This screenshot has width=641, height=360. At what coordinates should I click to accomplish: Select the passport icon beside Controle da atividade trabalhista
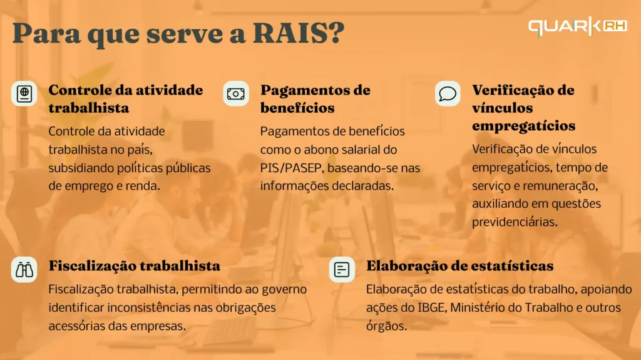tap(24, 93)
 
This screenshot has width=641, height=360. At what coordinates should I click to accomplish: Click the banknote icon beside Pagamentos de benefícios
tap(235, 93)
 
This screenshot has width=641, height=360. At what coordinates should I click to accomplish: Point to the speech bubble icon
tap(447, 93)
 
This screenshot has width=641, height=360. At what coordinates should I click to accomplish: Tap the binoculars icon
tap(24, 270)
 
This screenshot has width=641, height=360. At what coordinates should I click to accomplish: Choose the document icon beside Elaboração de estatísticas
tap(342, 270)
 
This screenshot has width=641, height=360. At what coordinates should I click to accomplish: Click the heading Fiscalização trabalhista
tap(134, 265)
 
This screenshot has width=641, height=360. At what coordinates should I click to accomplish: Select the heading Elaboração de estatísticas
tap(459, 265)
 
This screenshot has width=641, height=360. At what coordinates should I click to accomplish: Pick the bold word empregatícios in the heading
tap(523, 125)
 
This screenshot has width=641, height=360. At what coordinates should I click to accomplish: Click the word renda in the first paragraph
tap(144, 186)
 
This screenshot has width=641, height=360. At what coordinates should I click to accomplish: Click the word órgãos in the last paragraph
tap(386, 326)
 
